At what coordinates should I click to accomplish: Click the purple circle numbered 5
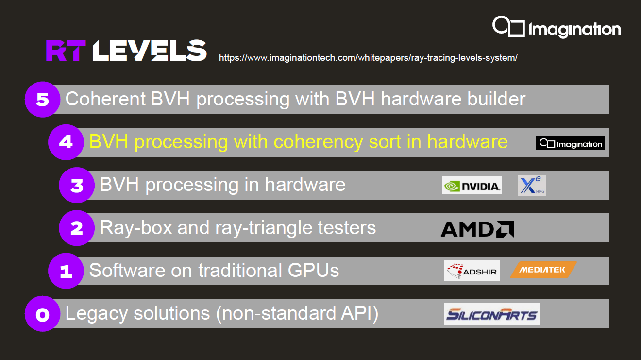(42, 100)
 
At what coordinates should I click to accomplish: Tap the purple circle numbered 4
(66, 142)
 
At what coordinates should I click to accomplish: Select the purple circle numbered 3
(77, 185)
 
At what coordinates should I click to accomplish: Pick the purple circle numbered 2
(77, 228)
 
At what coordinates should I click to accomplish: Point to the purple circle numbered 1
(66, 271)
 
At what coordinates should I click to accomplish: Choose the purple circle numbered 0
(42, 314)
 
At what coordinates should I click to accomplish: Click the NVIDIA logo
(472, 185)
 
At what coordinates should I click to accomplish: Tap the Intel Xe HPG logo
(532, 185)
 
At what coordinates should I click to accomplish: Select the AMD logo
(477, 229)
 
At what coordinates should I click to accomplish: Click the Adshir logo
(472, 271)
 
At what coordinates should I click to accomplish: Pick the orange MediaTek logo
(543, 270)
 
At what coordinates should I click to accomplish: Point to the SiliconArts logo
(492, 314)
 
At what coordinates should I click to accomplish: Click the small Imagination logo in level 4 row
(570, 143)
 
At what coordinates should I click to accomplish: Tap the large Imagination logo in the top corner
(557, 27)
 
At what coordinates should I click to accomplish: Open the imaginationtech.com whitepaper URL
(368, 57)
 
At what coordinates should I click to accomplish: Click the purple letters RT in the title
(66, 51)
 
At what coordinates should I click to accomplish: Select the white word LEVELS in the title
(150, 51)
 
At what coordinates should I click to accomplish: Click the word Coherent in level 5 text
(105, 99)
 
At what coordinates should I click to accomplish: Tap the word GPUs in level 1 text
(313, 270)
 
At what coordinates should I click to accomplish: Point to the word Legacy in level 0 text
(97, 314)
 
